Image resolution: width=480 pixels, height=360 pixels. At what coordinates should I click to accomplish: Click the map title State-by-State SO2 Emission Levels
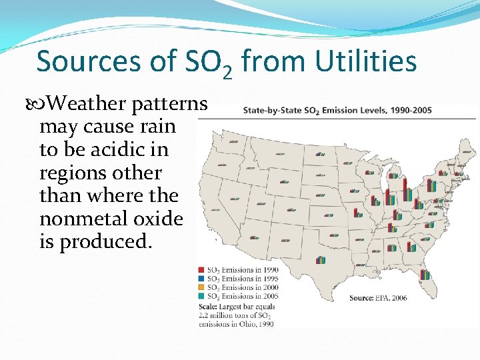coord(337,110)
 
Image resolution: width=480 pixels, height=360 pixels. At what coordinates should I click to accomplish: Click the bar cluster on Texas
coord(321,260)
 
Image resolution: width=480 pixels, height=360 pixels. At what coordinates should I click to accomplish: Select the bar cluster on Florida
coord(425,274)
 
